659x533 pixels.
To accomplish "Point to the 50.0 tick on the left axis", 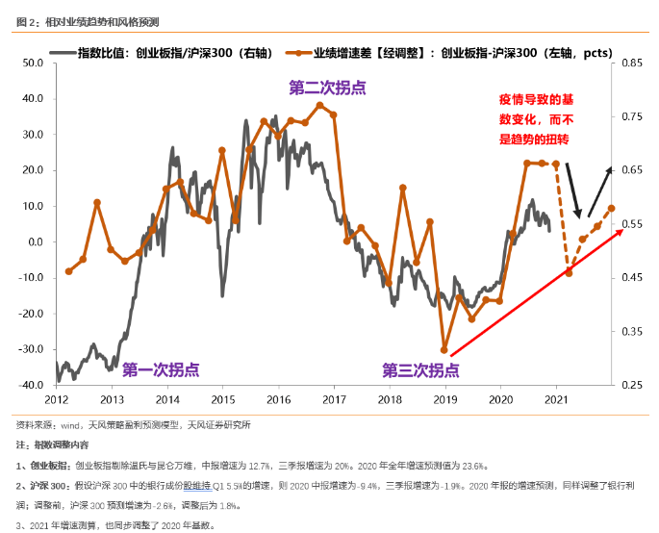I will (35, 63).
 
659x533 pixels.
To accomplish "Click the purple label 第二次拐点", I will (328, 88).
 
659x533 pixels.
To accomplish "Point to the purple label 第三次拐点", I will (419, 369).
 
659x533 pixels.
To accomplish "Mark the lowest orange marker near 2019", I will (444, 350).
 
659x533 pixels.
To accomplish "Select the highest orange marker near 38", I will (319, 105).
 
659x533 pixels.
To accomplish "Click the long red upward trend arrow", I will (535, 292).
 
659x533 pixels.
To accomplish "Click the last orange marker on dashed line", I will (611, 209).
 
